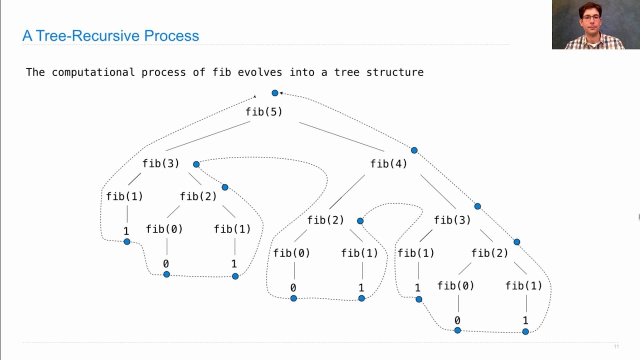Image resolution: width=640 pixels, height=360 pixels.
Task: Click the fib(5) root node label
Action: [263, 112]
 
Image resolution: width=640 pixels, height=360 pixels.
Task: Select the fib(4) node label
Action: [388, 163]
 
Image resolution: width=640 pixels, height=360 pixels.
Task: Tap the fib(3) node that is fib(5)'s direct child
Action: [160, 163]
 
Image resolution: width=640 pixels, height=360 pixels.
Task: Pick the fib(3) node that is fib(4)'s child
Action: [452, 220]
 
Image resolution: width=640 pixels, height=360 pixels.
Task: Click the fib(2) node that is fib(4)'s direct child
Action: [325, 220]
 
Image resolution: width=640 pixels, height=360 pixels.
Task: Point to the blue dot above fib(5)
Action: [274, 93]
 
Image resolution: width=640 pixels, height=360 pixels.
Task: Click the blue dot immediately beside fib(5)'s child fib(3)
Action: [196, 164]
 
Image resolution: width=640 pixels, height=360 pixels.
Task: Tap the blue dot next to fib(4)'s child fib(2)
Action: [360, 220]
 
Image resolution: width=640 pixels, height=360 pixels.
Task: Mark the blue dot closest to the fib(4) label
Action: [414, 150]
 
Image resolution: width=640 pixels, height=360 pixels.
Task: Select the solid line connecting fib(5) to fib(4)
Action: [341, 136]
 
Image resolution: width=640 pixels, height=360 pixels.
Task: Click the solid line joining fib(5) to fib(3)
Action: [207, 136]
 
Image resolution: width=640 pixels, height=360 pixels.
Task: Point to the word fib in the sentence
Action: [221, 72]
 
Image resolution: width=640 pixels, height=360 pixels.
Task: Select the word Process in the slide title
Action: [171, 36]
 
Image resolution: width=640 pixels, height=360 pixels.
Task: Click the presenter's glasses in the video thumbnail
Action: [591, 17]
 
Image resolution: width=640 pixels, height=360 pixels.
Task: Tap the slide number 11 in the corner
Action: [616, 346]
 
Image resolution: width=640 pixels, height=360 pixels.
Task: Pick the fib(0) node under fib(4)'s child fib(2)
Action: [291, 253]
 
